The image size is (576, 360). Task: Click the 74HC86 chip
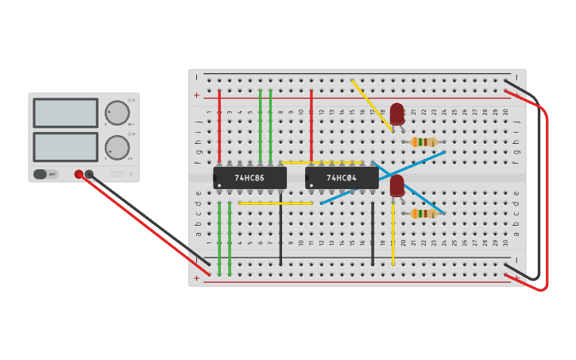(249, 178)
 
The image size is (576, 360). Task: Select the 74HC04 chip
(342, 178)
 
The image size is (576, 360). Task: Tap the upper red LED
(397, 114)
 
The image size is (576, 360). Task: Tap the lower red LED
(397, 186)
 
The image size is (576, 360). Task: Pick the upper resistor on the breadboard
(424, 142)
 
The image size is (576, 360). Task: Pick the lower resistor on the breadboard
(424, 213)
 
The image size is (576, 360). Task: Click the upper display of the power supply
(66, 113)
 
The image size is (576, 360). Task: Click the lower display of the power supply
(66, 147)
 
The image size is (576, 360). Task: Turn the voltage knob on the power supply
(118, 113)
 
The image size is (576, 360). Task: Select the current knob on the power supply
(118, 147)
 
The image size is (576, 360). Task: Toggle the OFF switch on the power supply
(45, 174)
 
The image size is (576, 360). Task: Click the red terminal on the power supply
(79, 174)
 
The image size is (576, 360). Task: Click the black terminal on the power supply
(89, 174)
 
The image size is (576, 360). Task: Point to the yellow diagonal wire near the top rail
(371, 104)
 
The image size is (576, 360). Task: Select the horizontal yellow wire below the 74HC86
(275, 203)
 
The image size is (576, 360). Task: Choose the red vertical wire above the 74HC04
(311, 127)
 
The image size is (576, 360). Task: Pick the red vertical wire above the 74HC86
(219, 127)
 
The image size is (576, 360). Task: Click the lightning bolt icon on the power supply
(130, 174)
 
